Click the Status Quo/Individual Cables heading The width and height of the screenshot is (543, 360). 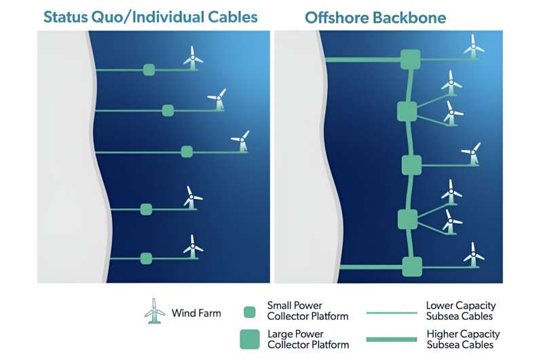click(151, 17)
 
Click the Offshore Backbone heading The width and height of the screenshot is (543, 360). click(375, 18)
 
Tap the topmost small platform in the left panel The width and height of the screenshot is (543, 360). click(149, 70)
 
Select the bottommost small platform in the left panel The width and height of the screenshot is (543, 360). click(146, 258)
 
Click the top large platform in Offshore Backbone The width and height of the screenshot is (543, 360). click(411, 59)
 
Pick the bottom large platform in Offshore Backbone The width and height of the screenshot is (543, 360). click(412, 266)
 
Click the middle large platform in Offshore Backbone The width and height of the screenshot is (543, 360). click(412, 165)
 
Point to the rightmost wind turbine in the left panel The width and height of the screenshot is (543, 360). click(241, 141)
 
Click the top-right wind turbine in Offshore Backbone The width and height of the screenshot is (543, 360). click(473, 47)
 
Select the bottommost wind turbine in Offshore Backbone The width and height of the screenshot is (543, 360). click(473, 255)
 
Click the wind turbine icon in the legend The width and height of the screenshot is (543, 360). click(155, 311)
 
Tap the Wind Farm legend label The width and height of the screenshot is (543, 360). click(196, 313)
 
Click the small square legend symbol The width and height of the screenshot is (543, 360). click(249, 312)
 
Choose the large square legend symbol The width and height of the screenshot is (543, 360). click(250, 339)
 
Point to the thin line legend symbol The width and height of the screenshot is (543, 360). click(392, 313)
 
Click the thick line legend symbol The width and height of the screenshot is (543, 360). click(392, 339)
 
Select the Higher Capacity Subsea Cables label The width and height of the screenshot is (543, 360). click(463, 339)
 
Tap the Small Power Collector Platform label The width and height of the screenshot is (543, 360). click(307, 311)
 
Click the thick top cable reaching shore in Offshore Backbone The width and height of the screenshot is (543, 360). click(363, 60)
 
